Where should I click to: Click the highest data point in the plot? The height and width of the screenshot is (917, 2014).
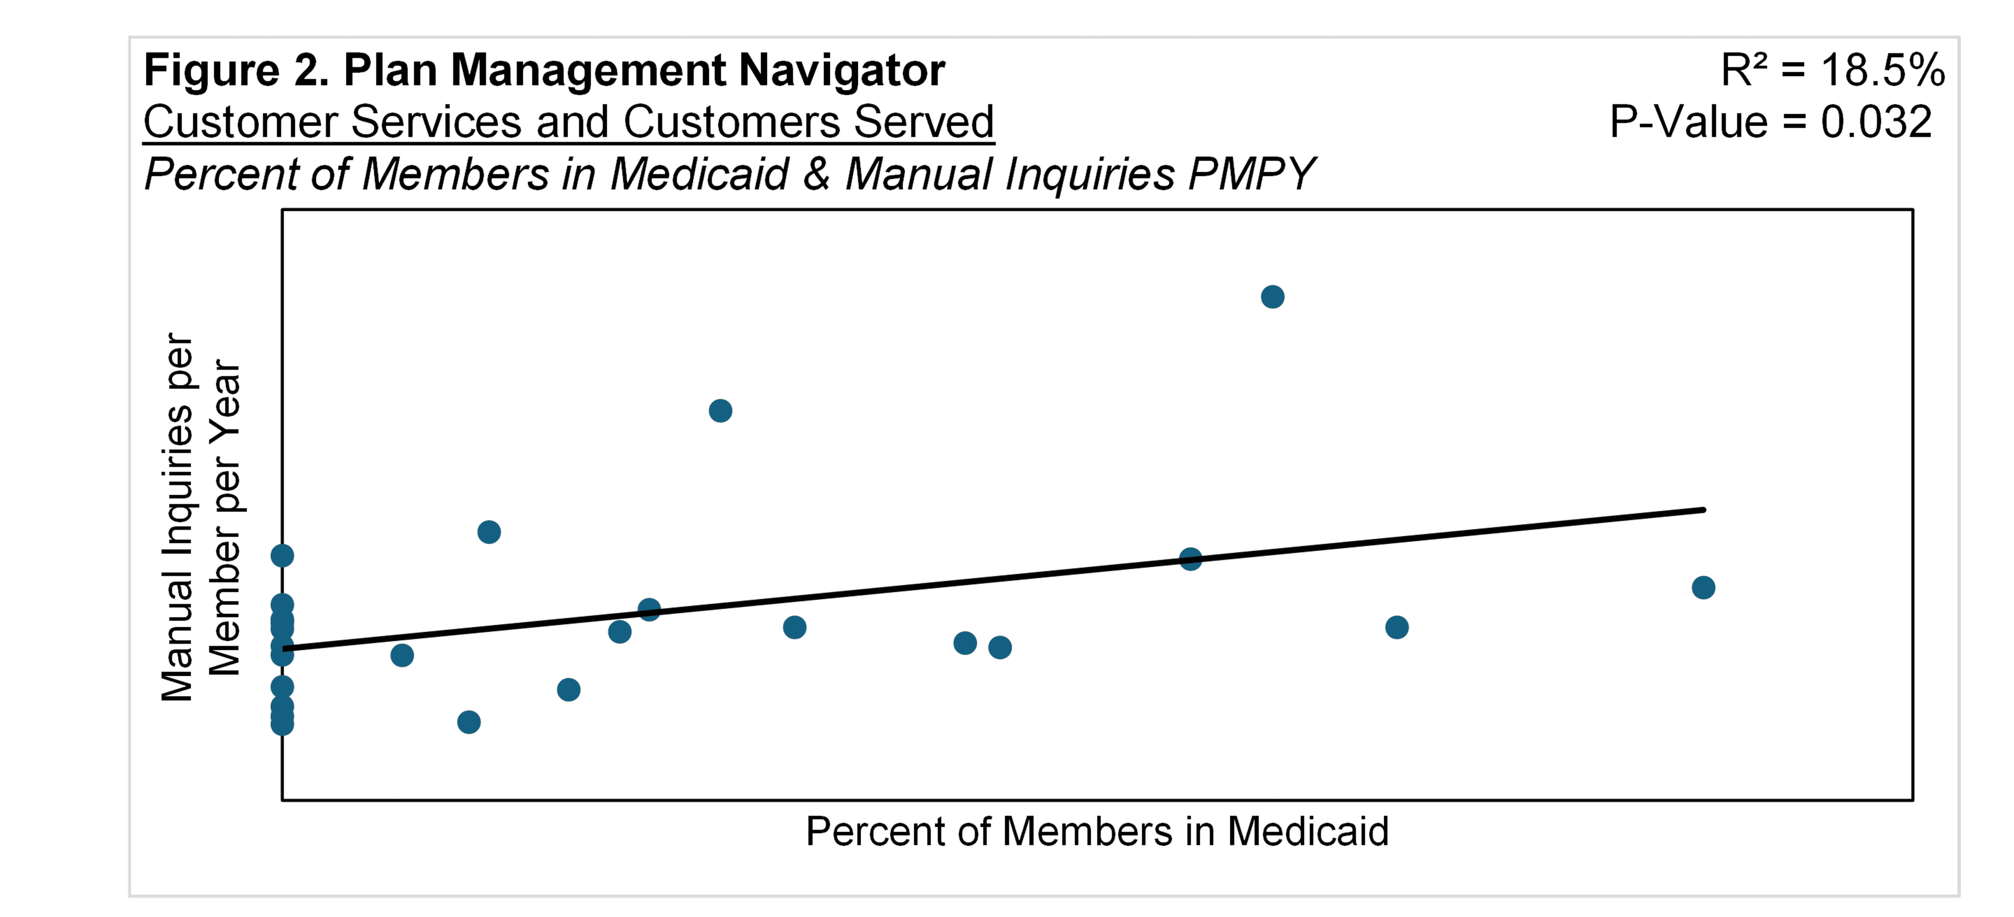coord(1272,297)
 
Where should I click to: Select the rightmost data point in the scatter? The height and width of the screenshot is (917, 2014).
coord(1703,587)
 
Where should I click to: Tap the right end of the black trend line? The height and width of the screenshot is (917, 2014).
coord(1703,510)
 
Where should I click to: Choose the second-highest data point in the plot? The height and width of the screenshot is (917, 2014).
coord(720,411)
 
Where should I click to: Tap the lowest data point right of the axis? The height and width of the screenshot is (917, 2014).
coord(468,722)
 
